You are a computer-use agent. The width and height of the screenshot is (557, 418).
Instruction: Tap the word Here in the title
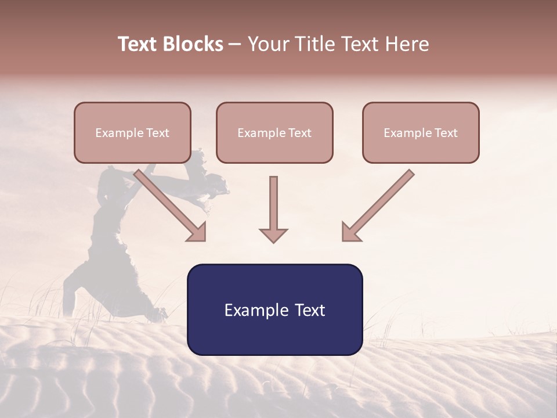[407, 44]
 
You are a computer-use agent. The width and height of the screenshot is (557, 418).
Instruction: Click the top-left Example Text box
[132, 133]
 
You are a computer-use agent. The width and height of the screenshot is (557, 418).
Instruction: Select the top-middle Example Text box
[274, 133]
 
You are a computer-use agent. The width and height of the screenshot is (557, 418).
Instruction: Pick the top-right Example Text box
[421, 133]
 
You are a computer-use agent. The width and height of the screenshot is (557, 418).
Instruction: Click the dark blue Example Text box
[274, 310]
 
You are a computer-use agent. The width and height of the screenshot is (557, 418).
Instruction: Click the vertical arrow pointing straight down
[273, 206]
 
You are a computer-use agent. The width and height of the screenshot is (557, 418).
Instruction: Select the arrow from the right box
[380, 203]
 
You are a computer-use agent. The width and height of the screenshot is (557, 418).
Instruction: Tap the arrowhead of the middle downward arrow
[273, 235]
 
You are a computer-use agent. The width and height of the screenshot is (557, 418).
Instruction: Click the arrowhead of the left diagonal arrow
[197, 232]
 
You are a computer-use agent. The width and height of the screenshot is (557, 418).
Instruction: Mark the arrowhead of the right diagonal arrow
[350, 232]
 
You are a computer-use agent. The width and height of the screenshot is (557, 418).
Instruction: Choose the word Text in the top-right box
[446, 133]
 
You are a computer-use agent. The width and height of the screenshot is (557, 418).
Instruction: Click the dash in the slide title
[235, 44]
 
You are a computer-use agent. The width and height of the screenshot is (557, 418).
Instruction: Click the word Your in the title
[267, 44]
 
